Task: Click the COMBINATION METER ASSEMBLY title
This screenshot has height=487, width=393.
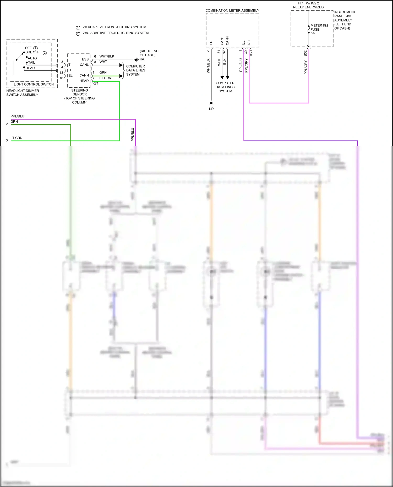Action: click(232, 10)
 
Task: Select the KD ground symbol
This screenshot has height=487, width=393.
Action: click(211, 104)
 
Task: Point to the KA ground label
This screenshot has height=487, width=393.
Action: click(142, 59)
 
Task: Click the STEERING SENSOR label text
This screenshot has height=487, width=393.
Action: click(80, 92)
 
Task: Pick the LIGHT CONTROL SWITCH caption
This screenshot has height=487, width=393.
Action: click(34, 84)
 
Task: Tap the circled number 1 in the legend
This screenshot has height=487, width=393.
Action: click(78, 28)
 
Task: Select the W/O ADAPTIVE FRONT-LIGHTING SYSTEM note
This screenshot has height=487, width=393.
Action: click(116, 33)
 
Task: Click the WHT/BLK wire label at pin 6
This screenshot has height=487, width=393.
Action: click(107, 56)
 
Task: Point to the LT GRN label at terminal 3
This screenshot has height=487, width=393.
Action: click(17, 138)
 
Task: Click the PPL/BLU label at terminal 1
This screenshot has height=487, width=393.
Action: click(17, 116)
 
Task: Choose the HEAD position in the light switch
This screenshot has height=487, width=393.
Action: click(30, 68)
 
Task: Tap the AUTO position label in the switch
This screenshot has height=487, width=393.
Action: click(32, 58)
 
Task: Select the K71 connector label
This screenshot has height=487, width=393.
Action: click(95, 83)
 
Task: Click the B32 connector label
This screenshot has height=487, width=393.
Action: click(305, 53)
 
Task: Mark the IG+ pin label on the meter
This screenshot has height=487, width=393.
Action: click(249, 42)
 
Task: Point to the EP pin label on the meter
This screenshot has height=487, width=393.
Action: click(211, 43)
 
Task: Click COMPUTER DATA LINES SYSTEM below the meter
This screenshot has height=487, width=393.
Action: click(225, 87)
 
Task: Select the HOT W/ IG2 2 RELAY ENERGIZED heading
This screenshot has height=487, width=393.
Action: click(308, 5)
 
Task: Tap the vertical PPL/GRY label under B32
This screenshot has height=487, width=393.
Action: click(305, 67)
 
